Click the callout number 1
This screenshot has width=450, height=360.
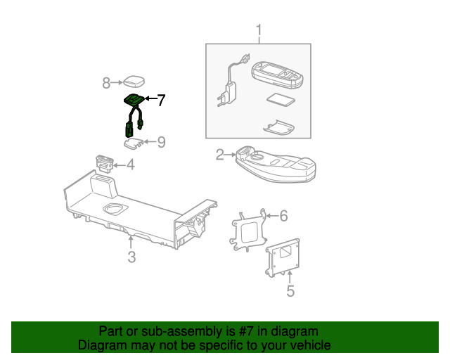pyautogui.click(x=258, y=31)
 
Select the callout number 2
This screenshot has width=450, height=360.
pyautogui.click(x=220, y=155)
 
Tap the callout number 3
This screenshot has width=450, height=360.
pyautogui.click(x=131, y=257)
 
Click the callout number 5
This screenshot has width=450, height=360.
pyautogui.click(x=290, y=290)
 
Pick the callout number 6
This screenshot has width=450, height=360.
pyautogui.click(x=284, y=216)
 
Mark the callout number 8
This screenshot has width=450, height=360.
pyautogui.click(x=107, y=84)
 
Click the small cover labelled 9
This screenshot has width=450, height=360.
pyautogui.click(x=132, y=144)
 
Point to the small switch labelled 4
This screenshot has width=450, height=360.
pyautogui.click(x=103, y=161)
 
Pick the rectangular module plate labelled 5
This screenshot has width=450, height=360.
pyautogui.click(x=284, y=259)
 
